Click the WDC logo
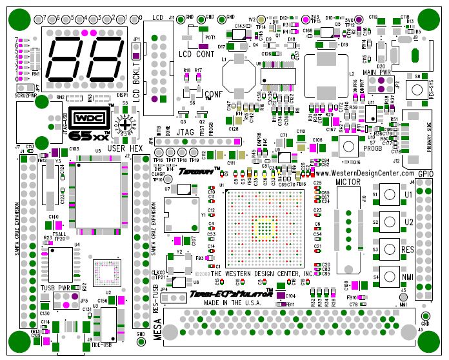coord(88,120)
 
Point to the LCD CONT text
coord(197,54)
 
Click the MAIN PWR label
coord(377,73)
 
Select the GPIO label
coord(425,174)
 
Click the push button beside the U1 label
coord(390,194)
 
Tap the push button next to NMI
coord(390,277)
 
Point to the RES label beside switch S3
coord(408,249)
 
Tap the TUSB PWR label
coord(55,288)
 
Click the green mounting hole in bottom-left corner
coord(19,339)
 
